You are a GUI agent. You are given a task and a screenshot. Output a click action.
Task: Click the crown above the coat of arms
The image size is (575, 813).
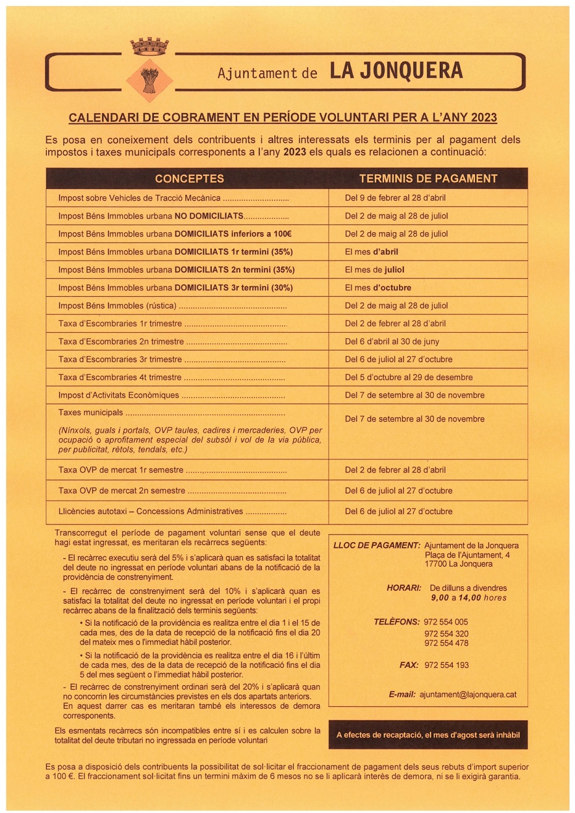point(149,46)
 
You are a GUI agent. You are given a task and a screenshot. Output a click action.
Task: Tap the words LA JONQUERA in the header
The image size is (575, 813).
point(396,72)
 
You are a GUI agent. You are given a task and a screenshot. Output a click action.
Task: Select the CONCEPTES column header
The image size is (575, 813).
point(189,178)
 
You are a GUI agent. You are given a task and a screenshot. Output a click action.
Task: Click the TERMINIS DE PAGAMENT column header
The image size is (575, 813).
point(428,178)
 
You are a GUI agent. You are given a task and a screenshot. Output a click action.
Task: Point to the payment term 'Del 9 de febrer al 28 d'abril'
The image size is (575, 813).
point(395,198)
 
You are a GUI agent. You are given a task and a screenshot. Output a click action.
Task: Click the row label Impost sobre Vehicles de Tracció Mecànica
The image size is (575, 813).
point(140,198)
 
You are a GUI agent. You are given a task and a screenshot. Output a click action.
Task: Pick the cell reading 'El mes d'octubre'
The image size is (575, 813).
point(377,288)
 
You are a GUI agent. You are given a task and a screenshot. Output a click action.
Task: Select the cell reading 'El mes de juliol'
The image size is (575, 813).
point(374,270)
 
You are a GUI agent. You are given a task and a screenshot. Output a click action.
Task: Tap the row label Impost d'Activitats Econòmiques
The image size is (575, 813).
point(119,395)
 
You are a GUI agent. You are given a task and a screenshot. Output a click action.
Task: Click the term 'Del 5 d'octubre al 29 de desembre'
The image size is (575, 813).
point(408,377)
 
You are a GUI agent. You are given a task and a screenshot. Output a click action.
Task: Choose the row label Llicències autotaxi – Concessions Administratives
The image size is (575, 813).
point(151,511)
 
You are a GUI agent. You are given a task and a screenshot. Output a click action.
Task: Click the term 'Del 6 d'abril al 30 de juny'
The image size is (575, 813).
point(392,341)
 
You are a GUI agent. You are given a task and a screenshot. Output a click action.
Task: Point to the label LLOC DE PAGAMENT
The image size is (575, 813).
point(376,546)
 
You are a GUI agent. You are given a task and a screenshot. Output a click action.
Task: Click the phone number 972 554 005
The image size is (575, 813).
point(446,622)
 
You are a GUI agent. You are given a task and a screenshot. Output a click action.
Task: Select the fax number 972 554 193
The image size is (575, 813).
point(447,665)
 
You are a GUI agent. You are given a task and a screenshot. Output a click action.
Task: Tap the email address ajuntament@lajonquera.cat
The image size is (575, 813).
point(468,694)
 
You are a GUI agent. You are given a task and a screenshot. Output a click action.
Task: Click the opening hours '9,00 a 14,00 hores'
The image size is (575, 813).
point(468,598)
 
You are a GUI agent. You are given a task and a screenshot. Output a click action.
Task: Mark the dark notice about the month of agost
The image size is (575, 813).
point(428,735)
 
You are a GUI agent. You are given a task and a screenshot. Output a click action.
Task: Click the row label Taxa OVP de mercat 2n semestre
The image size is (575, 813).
point(122,491)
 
